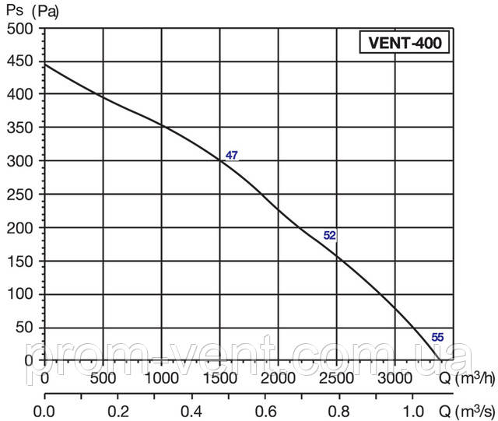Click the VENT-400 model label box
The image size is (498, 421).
[405, 42]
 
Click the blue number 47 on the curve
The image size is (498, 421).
[232, 156]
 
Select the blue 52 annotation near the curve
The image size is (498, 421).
[329, 235]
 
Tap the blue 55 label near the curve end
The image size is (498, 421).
[437, 337]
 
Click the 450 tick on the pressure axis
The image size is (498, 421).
[22, 62]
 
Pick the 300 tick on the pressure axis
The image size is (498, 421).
[22, 161]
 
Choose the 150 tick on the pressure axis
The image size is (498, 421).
[22, 261]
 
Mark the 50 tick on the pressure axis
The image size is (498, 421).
[26, 328]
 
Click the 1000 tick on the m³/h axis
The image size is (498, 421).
[161, 378]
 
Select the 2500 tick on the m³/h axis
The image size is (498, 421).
[337, 378]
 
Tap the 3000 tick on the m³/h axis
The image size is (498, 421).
[395, 378]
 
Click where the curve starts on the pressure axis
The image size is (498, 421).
[45, 64]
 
